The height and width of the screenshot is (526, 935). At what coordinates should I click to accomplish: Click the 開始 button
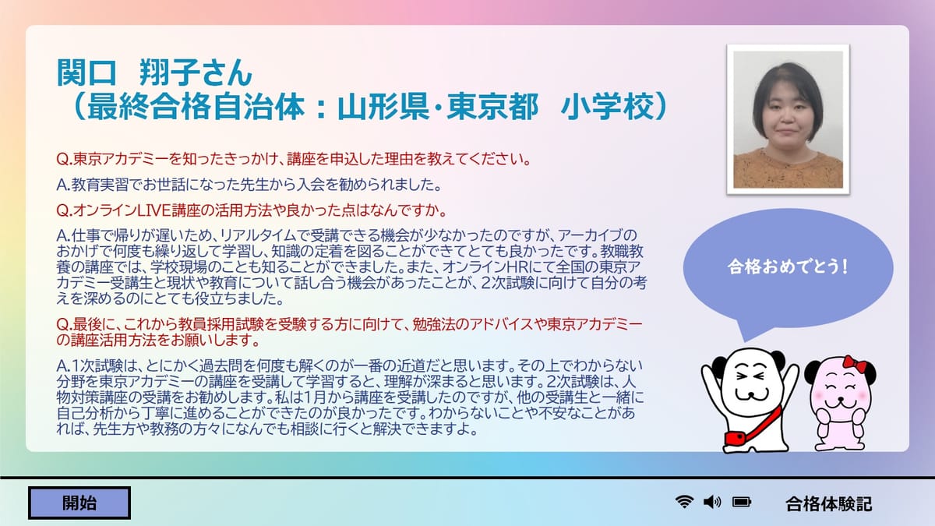[x=79, y=503]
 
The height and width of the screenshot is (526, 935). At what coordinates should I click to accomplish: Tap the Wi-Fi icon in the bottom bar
[x=685, y=501]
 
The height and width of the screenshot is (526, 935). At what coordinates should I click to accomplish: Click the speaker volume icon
[x=712, y=502]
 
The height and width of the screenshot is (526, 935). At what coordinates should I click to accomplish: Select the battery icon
[x=742, y=502]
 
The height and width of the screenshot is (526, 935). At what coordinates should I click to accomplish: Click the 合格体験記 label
[x=828, y=503]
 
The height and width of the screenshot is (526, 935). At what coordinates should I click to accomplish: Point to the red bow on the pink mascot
[x=855, y=364]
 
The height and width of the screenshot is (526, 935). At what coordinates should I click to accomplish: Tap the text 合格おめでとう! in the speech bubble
[x=788, y=267]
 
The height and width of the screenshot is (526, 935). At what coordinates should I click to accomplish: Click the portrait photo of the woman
[x=788, y=119]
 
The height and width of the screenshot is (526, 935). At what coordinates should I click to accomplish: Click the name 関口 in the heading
[x=86, y=72]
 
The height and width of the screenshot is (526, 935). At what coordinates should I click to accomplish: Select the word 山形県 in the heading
[x=383, y=107]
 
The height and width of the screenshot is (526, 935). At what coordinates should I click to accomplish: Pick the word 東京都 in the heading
[x=492, y=107]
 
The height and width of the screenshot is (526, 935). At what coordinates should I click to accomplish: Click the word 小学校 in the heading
[x=607, y=107]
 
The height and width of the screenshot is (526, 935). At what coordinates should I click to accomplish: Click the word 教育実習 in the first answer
[x=100, y=185]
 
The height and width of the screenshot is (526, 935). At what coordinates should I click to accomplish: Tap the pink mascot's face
[x=839, y=394]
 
